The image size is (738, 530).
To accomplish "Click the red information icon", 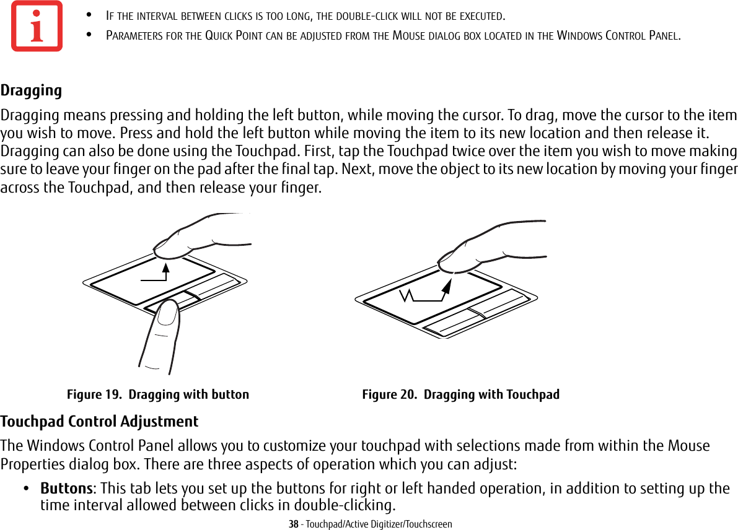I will pos(37,26).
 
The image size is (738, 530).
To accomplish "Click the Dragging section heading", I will pos(31,91).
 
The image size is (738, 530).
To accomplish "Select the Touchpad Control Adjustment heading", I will pos(99,422).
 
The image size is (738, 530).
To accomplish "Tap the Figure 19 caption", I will pos(158,395).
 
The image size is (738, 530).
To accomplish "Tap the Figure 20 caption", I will pos(460,395).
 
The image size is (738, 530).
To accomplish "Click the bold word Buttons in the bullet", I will pos(66,489).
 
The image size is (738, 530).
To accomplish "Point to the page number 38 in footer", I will pos(293,524).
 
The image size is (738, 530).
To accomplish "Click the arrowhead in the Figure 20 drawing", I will pos(449,284).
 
